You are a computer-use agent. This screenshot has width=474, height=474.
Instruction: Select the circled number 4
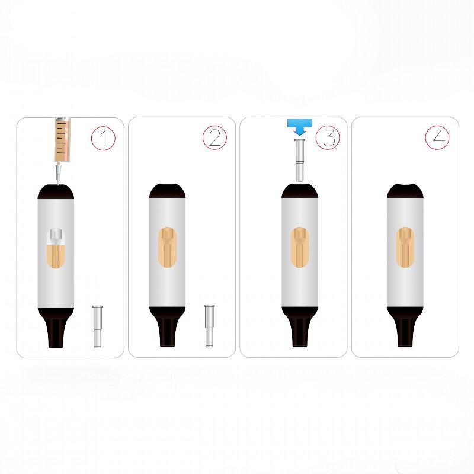(437, 137)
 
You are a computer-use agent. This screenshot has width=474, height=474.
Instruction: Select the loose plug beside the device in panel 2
(209, 325)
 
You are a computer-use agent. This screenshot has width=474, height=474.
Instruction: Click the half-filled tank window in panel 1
(56, 247)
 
